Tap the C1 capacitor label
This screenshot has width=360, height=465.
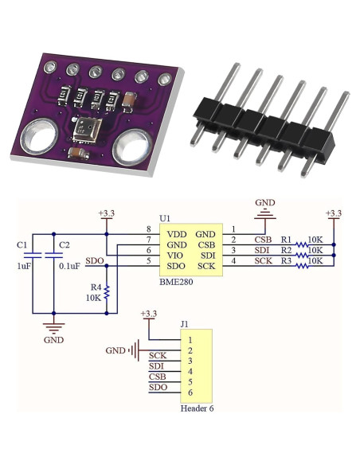22,244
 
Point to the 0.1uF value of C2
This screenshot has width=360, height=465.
69,267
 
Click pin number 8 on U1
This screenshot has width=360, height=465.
148,229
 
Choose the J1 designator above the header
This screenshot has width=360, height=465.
185,324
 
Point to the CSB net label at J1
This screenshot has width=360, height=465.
157,377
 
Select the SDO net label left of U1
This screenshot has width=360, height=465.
93,261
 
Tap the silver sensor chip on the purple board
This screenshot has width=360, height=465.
84,128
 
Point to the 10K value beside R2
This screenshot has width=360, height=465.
315,250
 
